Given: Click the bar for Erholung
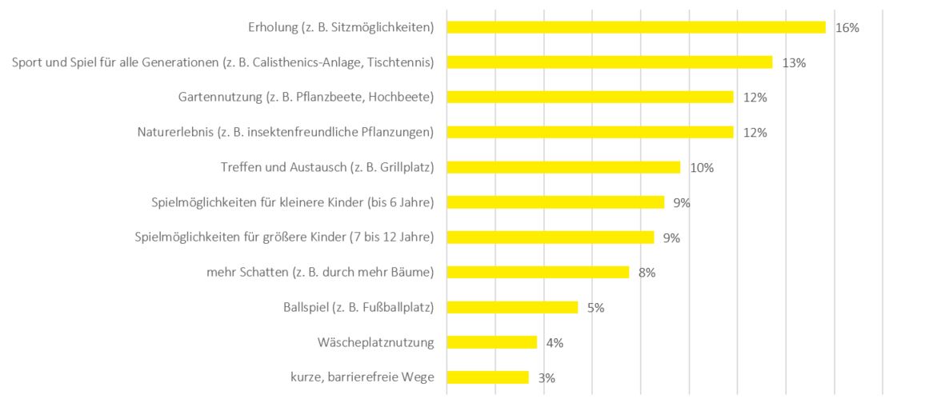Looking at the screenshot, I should pyautogui.click(x=635, y=27).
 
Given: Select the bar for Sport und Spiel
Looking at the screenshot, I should pyautogui.click(x=609, y=62).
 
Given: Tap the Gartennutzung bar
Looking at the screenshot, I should pyautogui.click(x=590, y=97).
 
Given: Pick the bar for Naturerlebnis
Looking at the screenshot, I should pyautogui.click(x=590, y=132).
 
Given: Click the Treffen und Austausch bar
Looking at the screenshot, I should pyautogui.click(x=563, y=167).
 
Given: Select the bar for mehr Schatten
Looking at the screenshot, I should pyautogui.click(x=538, y=272).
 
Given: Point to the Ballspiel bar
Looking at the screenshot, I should pyautogui.click(x=512, y=307).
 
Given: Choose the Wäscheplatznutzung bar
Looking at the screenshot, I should pyautogui.click(x=491, y=342).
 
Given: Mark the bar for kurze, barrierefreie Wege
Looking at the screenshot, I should pyautogui.click(x=487, y=377).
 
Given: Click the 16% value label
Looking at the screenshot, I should pyautogui.click(x=847, y=28).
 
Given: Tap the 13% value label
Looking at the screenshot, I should pyautogui.click(x=794, y=63).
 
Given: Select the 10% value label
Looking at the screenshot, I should pyautogui.click(x=702, y=168).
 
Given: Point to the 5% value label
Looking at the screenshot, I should pyautogui.click(x=595, y=308).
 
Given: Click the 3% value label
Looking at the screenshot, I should pyautogui.click(x=547, y=378).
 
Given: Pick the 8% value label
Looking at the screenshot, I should pyautogui.click(x=647, y=273).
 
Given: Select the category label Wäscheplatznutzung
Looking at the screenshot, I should pyautogui.click(x=375, y=342).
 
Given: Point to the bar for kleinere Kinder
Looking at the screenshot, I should pyautogui.click(x=555, y=202).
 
